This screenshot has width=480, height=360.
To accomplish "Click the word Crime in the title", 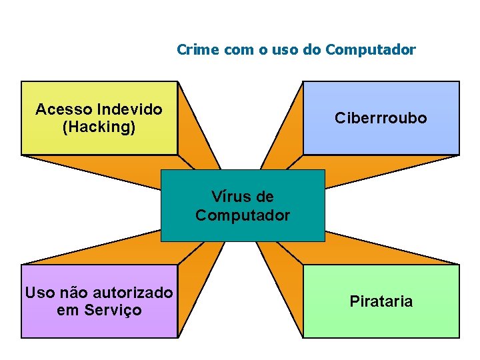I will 195,49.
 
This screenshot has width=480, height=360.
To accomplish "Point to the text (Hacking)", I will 99,127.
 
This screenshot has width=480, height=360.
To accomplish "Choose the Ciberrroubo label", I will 381,118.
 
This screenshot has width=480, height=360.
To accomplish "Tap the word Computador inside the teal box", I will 243,215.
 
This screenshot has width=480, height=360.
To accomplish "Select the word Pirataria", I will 381,301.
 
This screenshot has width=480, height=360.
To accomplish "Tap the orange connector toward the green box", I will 283,267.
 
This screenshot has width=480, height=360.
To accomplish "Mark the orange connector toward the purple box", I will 193,267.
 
